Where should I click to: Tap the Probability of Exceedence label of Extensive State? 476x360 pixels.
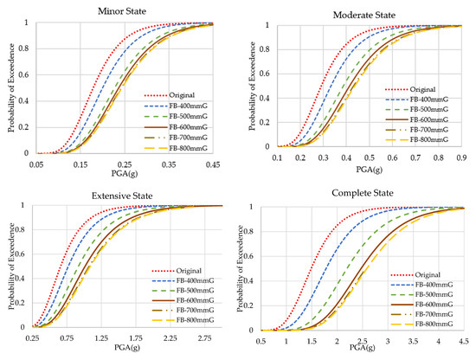pos(9,267)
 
